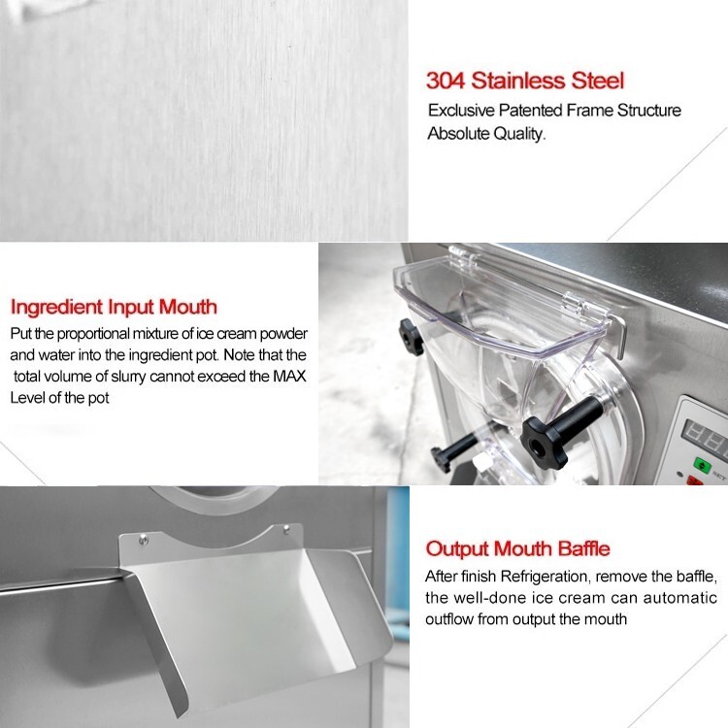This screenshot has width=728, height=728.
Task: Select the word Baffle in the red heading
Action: coord(576,548)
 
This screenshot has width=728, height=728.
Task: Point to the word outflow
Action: coord(456,618)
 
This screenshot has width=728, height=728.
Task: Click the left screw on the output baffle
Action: coord(143,536)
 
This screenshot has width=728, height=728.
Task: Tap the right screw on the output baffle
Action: coord(287,530)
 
